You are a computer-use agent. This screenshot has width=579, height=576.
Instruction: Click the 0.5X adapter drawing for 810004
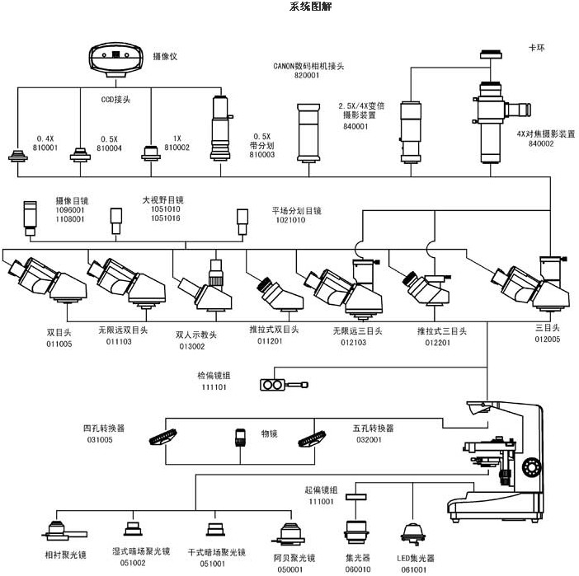80,155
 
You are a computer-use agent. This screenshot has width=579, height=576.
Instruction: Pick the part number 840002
540,143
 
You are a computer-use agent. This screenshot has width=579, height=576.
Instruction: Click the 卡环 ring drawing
492,56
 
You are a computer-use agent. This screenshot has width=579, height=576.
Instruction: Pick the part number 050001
289,569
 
